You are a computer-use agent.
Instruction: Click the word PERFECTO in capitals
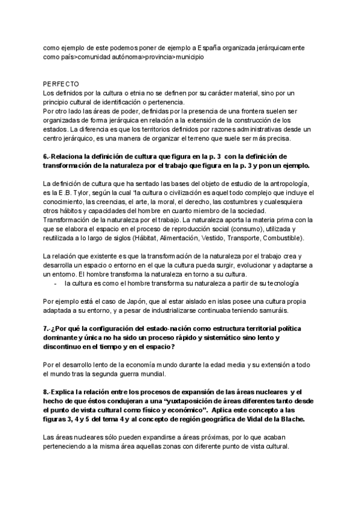[x=61, y=84]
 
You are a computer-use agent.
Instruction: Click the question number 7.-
[x=48, y=328]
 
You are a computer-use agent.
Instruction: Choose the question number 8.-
[x=48, y=392]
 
